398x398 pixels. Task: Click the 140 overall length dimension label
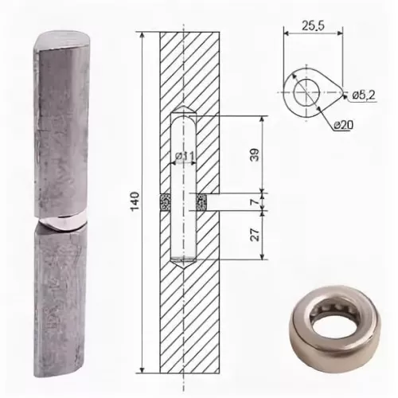pos(135,201)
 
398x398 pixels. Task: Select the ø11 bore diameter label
pos(185,156)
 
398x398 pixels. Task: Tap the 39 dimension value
pos(255,154)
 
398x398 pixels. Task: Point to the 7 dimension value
pos(255,201)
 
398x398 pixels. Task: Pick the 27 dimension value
pos(255,234)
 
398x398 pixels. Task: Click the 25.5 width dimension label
pos(313,25)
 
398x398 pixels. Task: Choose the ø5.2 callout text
pos(364,95)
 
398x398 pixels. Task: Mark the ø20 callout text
pos(343,125)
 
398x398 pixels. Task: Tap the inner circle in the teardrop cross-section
pos(306,92)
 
